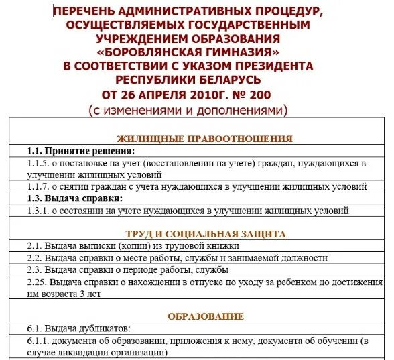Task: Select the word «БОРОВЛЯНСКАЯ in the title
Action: pos(161,52)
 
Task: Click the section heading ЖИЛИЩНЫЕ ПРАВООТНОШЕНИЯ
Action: pos(204,139)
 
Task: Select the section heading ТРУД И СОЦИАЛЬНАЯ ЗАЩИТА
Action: pos(205,234)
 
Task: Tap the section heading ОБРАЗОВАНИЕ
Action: pos(205,316)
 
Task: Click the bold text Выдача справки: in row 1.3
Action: pos(84,198)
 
